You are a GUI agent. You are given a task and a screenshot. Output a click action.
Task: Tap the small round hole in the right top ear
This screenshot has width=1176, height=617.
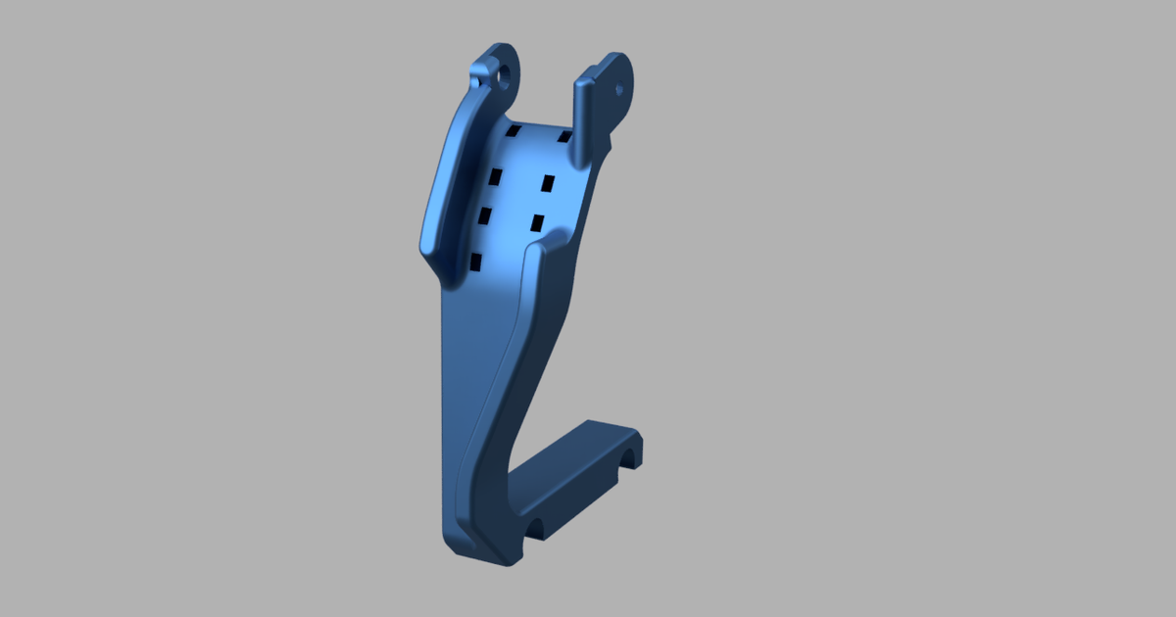point(618,88)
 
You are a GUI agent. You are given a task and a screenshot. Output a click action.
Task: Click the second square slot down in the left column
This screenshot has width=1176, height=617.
point(495,176)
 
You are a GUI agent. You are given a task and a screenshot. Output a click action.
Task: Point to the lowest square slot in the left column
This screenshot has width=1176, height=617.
point(475,261)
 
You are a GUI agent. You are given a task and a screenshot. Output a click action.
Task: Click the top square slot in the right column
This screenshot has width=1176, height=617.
point(564,137)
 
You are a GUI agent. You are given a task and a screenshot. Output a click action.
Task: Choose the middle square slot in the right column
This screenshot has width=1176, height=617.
point(549,183)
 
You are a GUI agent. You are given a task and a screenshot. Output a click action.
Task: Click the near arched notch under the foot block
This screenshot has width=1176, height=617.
point(536,532)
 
